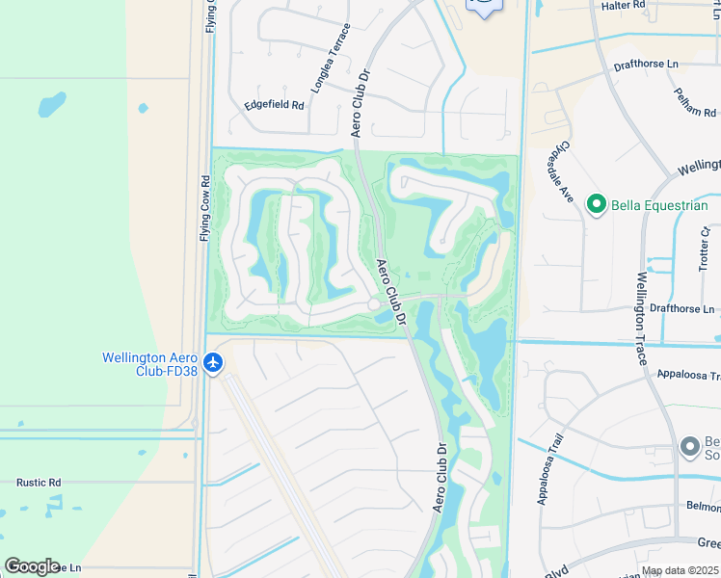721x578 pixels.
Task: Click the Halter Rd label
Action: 651,6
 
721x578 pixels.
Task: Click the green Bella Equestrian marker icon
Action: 596,204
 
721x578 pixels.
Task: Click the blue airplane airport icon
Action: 213,363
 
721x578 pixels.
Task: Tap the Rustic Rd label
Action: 39,482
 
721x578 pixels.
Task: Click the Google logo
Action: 32,566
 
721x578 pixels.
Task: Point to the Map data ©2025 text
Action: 679,571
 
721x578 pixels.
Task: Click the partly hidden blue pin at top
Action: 484,8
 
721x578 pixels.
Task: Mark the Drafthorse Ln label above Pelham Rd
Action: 646,66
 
